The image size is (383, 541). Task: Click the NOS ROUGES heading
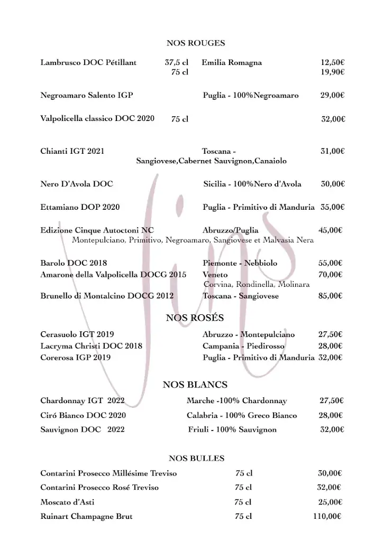[x=195, y=43]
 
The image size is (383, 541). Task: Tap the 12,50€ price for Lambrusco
[x=332, y=62]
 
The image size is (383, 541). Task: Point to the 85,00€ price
[x=330, y=296]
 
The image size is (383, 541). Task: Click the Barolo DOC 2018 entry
[x=74, y=263]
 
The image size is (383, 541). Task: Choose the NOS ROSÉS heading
[x=195, y=318]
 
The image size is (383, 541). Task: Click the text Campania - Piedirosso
[x=243, y=346]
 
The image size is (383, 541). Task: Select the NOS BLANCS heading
[x=195, y=385]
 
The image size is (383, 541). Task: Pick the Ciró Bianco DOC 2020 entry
[x=83, y=415]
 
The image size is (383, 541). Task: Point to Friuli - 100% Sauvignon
[x=232, y=430]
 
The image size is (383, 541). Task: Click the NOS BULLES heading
[x=196, y=458]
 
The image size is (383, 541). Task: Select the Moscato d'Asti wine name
[x=67, y=502]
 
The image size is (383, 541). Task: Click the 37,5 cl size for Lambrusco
[x=177, y=62]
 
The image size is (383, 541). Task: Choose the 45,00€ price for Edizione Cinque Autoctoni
[x=330, y=230]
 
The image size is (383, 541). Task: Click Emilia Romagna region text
[x=232, y=62]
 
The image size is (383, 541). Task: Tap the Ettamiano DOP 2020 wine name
[x=80, y=207]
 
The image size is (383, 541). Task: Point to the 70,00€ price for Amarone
[x=330, y=274]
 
